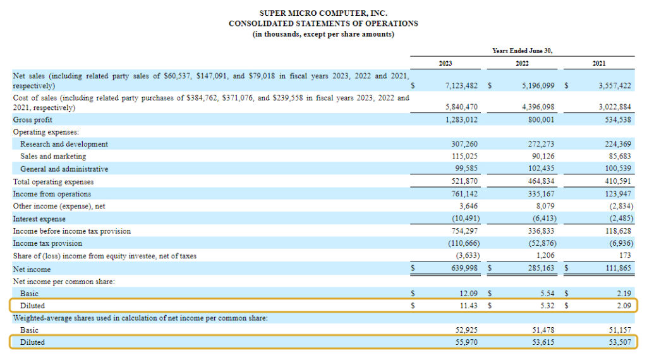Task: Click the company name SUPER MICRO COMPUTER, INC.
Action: coord(323,13)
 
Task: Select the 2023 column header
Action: coord(445,63)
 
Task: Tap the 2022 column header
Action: coord(522,63)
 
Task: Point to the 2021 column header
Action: coord(598,63)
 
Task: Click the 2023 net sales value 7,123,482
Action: coord(461,85)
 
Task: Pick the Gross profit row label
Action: coord(33,119)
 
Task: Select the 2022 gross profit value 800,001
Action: coord(541,119)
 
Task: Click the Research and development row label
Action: coord(64,144)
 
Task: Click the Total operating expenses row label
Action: coord(52,181)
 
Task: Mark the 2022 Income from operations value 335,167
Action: coord(541,194)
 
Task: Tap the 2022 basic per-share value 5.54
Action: coord(547,293)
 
